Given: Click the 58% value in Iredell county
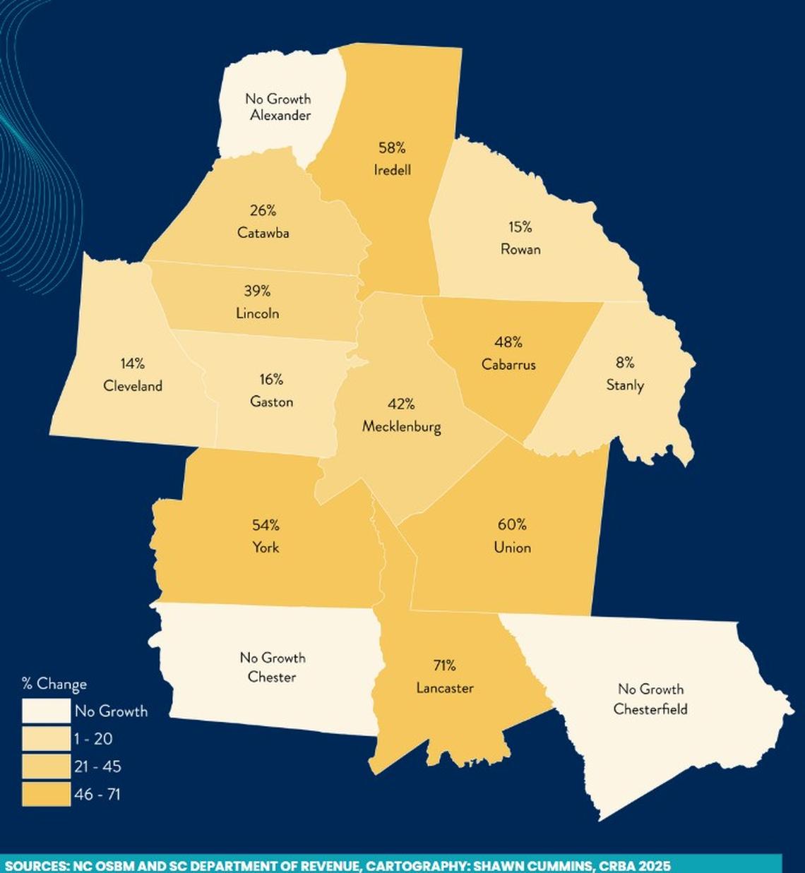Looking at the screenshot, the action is point(392,148).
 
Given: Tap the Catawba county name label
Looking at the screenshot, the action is point(263,233).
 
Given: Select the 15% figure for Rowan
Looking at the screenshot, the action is point(520,227).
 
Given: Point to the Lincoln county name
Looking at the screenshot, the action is point(258,313).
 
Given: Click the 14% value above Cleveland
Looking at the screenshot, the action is point(132,363).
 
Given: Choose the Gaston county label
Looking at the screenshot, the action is point(272,402).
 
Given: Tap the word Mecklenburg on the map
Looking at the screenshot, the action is point(401,426).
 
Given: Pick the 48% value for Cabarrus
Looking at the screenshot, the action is point(508,342).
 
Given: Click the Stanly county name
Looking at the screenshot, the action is point(625,385).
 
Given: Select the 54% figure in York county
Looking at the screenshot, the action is point(266,525).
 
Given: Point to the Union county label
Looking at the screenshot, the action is point(513,547).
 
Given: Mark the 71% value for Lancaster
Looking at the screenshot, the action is point(445,666).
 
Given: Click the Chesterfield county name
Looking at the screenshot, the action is point(650,709).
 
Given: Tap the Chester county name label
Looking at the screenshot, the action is point(272,677).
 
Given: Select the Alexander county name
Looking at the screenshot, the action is point(280,115).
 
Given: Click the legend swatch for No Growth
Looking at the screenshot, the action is point(47,711).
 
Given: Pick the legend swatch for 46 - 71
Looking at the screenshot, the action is point(47,794).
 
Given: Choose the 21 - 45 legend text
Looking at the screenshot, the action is point(97,766).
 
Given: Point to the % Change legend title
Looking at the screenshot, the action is point(54,683).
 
